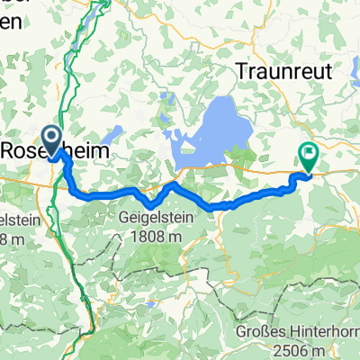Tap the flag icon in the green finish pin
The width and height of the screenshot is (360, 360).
tap(308, 153)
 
